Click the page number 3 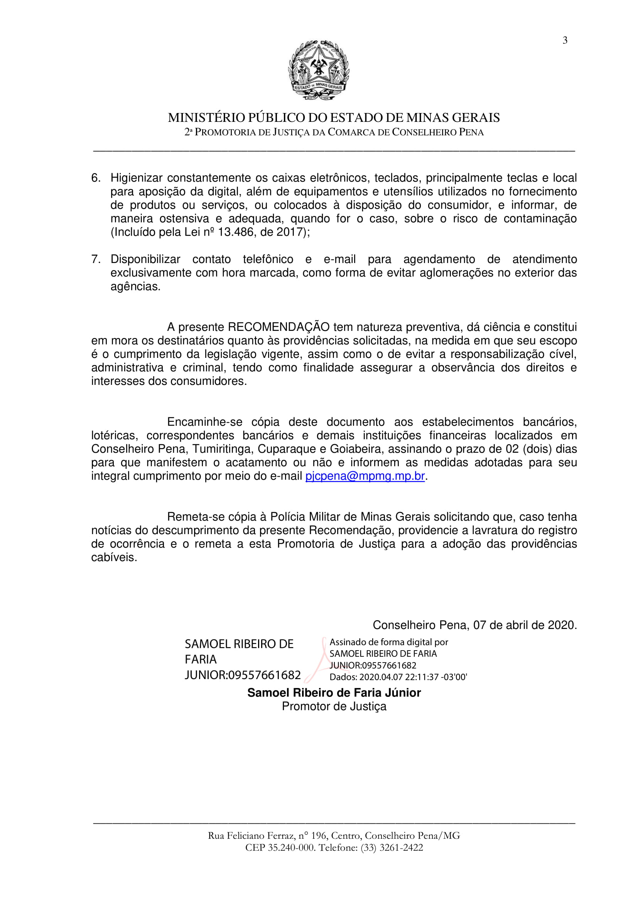(565, 40)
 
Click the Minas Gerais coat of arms (319, 70)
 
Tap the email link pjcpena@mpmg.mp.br (365, 476)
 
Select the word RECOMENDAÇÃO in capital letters (278, 327)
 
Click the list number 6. (95, 178)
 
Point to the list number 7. (95, 259)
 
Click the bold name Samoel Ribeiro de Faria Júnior (334, 693)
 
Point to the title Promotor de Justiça (334, 706)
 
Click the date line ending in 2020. (474, 625)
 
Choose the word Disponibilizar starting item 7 (145, 259)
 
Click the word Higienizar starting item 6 (136, 178)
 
